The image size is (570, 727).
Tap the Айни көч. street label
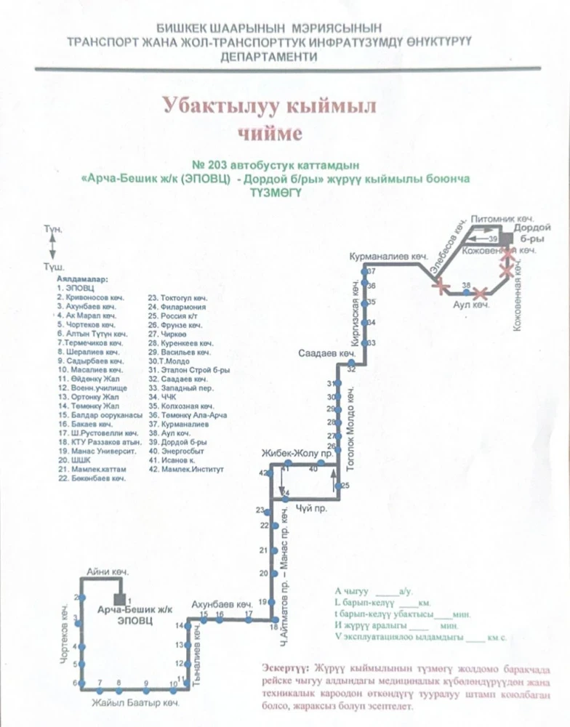click(107, 573)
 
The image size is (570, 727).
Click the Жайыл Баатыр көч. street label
click(135, 704)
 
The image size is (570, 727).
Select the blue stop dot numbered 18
click(273, 620)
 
